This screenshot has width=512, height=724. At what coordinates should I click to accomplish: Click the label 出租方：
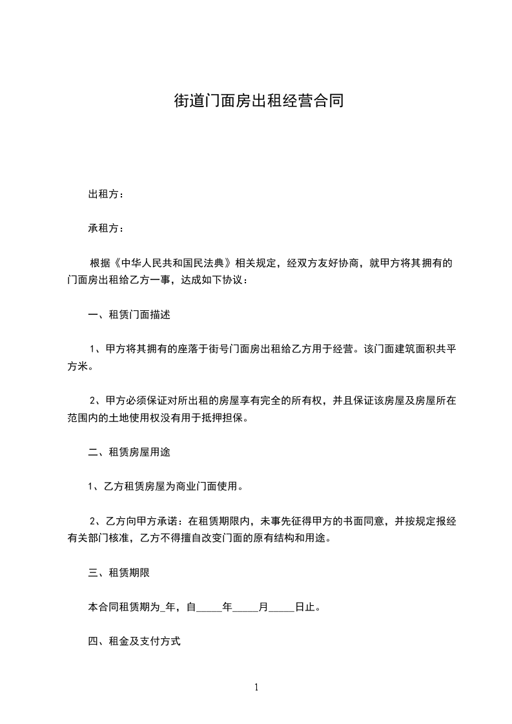point(107,194)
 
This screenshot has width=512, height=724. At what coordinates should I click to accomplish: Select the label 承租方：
point(107,228)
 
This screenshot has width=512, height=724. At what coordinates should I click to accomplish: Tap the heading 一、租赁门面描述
point(128,316)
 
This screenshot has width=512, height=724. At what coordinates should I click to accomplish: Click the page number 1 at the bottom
point(256,687)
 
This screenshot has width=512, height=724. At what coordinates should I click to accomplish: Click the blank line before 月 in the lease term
point(245,608)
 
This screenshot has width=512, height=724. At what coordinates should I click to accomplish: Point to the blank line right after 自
point(209,608)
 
